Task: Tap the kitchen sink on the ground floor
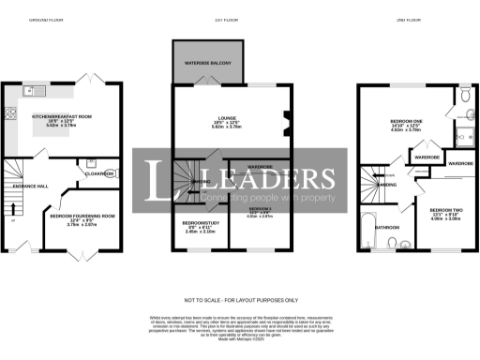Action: (x=36, y=91)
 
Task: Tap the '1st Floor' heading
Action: (x=222, y=19)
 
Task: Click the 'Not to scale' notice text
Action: (x=241, y=299)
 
